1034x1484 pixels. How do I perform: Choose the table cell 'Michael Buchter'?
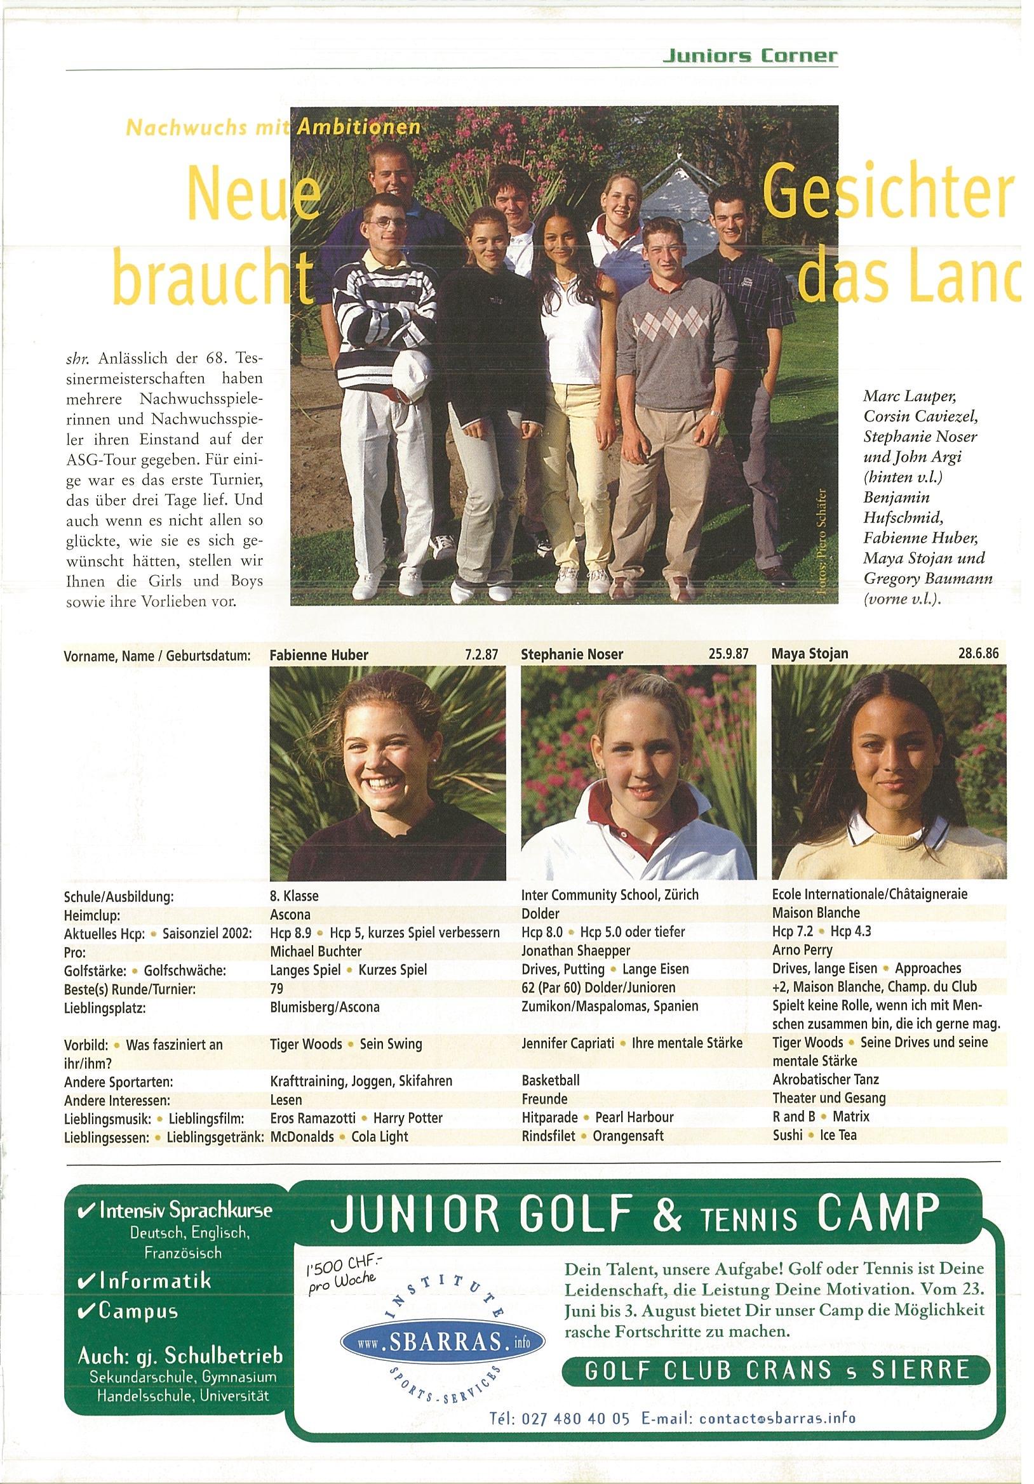[316, 951]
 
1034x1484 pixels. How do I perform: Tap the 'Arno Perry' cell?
[802, 950]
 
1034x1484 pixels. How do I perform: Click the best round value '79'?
[277, 988]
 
